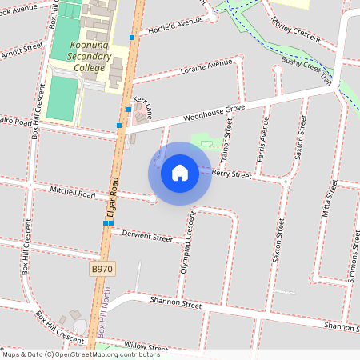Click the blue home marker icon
click(180, 173)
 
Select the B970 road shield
click(101, 270)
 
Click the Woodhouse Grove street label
click(213, 113)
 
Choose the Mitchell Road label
click(72, 193)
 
